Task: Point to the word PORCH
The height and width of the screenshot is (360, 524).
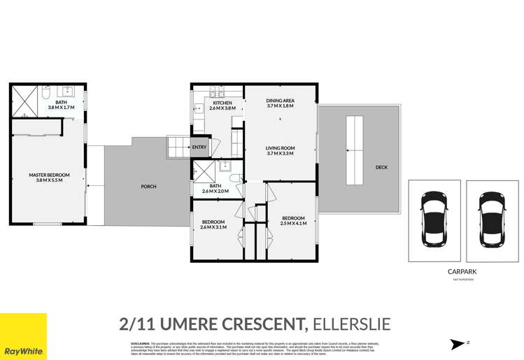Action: (148, 187)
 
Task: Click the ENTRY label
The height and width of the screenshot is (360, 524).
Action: (199, 147)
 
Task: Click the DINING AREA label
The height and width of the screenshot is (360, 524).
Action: (280, 101)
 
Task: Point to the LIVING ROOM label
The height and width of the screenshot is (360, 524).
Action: (280, 148)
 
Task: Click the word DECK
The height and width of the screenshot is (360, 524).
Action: (381, 167)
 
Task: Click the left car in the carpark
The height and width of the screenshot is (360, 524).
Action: (434, 219)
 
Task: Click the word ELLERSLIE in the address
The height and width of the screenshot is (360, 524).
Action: (351, 324)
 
